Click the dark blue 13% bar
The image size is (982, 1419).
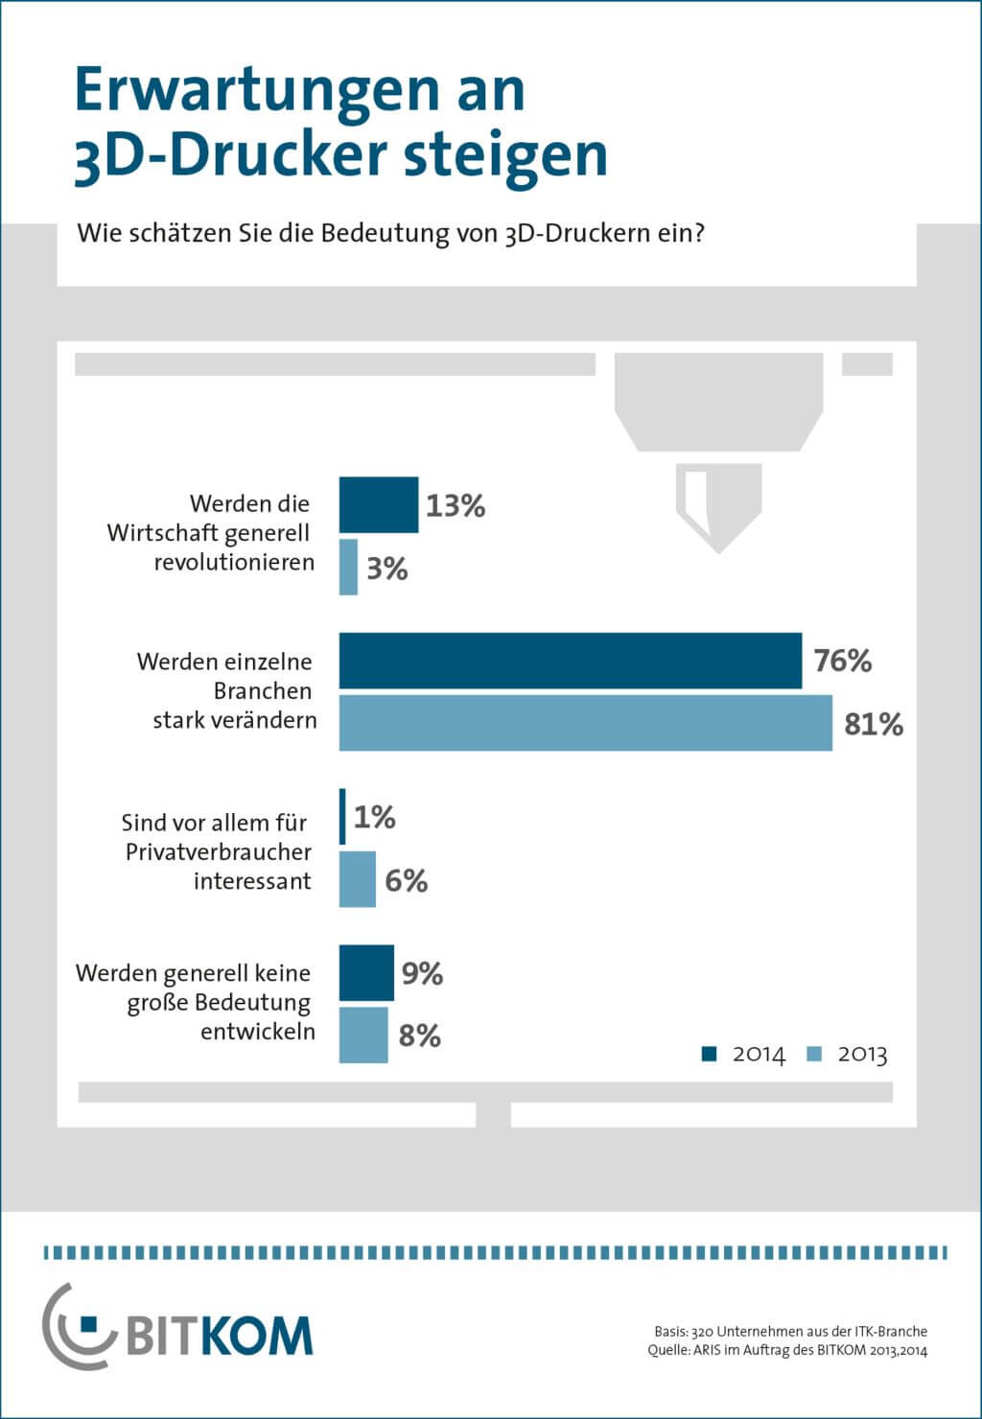[379, 504]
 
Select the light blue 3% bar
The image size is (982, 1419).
[348, 568]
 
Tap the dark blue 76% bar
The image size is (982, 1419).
[570, 661]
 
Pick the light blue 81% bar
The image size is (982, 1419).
[585, 723]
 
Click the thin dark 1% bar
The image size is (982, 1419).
[342, 817]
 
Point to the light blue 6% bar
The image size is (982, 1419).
[357, 879]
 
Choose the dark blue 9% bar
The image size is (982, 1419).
[366, 972]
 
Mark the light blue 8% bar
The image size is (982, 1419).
[363, 1035]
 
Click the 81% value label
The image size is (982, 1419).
[874, 724]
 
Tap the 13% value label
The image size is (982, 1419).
[456, 505]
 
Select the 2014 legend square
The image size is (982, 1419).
[710, 1054]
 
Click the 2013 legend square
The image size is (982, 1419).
[815, 1054]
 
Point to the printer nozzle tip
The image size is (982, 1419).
[719, 547]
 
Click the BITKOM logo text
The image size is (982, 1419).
[219, 1335]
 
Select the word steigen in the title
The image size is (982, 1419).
[505, 154]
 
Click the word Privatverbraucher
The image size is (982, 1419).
[219, 851]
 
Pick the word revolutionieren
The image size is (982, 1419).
[234, 562]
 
